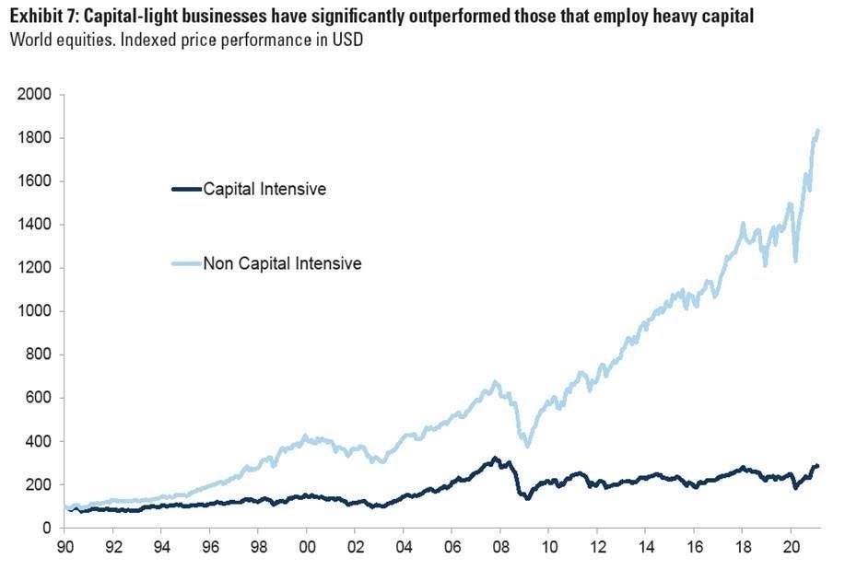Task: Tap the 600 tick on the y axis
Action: tap(38, 398)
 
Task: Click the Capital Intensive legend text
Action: tap(264, 190)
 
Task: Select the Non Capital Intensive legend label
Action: tap(282, 264)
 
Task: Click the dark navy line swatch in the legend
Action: tap(186, 190)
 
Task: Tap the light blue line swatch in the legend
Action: tap(186, 264)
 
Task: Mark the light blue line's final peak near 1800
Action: tap(817, 132)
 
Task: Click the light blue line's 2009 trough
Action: tap(527, 446)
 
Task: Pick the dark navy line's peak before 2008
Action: tap(495, 458)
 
